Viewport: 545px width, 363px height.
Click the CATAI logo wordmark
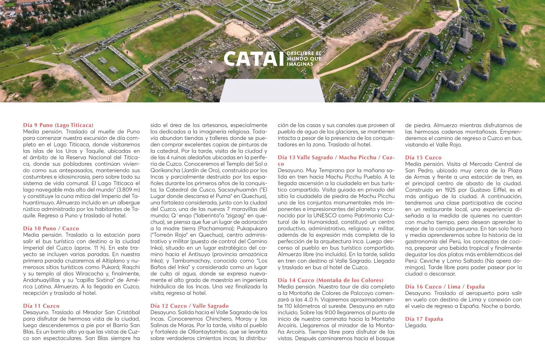click(251, 59)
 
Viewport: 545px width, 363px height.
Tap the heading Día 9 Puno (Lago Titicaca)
click(58, 125)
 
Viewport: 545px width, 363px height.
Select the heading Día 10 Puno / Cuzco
click(51, 228)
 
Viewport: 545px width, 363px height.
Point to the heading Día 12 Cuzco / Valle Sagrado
click(190, 306)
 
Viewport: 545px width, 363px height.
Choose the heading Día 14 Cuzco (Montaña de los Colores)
click(331, 280)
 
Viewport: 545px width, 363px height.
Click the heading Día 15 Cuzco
click(423, 158)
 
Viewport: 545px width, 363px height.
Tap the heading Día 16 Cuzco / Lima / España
click(445, 286)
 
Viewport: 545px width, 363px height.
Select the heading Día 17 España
click(424, 319)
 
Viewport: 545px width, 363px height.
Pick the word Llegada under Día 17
click(416, 325)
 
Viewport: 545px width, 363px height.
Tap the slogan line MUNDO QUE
click(304, 59)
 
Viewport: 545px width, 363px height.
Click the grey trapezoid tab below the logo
click(272, 91)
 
